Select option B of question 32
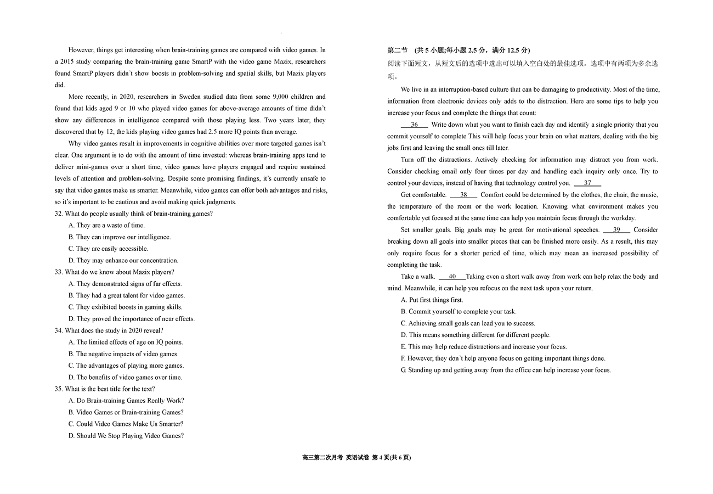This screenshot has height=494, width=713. [x=120, y=237]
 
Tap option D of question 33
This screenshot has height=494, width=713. [x=132, y=319]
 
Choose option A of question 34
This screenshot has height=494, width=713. [x=126, y=343]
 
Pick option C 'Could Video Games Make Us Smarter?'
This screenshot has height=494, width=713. [x=126, y=424]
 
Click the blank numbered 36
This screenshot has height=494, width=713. [x=415, y=125]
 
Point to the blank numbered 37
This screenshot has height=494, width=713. [x=587, y=183]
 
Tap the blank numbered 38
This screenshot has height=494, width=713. [x=463, y=195]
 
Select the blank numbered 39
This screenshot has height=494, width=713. [x=616, y=230]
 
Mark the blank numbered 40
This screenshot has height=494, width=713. [x=452, y=277]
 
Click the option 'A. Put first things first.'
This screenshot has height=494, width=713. [x=432, y=300]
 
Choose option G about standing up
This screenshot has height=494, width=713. [x=506, y=370]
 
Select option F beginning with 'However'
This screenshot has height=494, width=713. [x=503, y=358]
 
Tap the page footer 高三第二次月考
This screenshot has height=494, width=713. [x=322, y=458]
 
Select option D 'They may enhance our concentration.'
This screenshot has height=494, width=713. [x=123, y=261]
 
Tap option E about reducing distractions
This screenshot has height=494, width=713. [x=484, y=347]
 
